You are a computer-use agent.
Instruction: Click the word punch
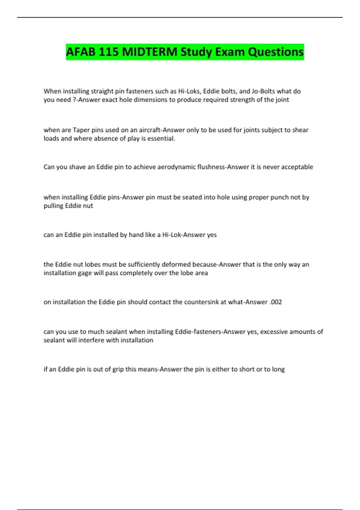coord(280,197)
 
